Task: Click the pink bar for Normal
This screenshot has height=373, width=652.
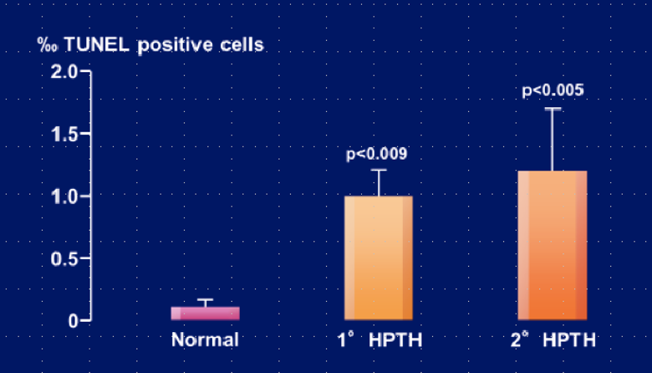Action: pos(205,314)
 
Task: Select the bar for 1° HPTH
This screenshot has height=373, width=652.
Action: pos(379,258)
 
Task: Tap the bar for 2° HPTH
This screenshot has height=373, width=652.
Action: pos(553,245)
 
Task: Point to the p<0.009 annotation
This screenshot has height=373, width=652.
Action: pos(377,154)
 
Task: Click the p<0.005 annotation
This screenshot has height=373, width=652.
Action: pos(553,90)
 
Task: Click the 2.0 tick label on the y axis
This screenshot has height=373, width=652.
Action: pos(64,72)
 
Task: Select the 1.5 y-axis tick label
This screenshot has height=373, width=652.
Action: pos(64,135)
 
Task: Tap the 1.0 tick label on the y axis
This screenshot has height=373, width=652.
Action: pos(64,197)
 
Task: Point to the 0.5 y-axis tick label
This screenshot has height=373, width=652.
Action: pos(64,258)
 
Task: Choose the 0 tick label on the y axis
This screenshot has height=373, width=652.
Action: pos(73,321)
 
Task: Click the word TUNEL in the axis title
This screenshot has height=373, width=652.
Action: pos(96,44)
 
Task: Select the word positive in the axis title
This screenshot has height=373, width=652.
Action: pos(176,45)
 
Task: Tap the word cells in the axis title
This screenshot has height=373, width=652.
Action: pos(242,44)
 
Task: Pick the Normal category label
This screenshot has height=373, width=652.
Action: pos(205,340)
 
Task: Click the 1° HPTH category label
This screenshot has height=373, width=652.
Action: pos(379,340)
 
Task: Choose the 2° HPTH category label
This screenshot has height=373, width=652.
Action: pos(553,340)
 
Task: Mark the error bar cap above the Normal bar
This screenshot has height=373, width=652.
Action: pos(205,299)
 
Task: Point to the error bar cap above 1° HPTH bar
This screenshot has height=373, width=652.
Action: pos(379,170)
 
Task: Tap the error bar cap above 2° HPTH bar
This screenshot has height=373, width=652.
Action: pos(553,109)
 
